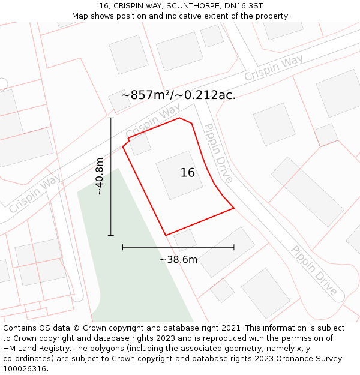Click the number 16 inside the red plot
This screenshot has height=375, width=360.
pos(188,173)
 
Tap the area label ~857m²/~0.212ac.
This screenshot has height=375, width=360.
pos(178,95)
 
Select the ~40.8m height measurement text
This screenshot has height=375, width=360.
pos(100,176)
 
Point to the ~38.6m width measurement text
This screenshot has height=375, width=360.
pos(178,260)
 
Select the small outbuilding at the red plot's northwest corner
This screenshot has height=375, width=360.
pos(140,144)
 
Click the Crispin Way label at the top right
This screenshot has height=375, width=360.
pos(273,68)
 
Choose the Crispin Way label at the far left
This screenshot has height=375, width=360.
pos(34,194)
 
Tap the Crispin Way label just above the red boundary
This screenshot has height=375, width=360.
pos(153,121)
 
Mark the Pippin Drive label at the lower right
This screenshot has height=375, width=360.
pos(314,271)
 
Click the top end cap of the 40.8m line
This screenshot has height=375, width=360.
pos(111,118)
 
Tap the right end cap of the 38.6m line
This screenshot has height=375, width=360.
pos(234,247)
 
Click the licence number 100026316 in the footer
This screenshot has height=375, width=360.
pos(25,369)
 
